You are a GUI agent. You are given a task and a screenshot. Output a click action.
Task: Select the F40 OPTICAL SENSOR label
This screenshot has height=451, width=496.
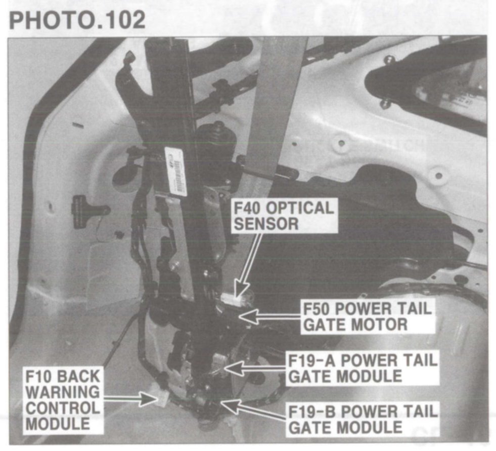tap(283, 216)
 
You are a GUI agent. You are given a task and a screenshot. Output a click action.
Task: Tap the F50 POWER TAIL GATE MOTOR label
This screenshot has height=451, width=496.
tap(367, 317)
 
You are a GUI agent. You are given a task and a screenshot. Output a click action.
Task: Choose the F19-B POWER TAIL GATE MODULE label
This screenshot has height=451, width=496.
tap(362, 419)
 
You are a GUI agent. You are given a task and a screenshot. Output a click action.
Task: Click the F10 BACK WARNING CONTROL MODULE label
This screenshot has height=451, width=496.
tap(63, 400)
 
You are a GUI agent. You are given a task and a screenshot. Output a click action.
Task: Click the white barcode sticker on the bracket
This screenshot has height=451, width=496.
tap(176, 171)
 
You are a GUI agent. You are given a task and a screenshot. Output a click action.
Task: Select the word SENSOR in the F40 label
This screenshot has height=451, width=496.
tap(266, 224)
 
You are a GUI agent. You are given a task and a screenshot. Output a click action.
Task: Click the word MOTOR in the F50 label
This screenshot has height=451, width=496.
tap(382, 324)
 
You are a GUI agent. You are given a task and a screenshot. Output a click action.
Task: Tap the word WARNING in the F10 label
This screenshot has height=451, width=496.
tap(63, 392)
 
